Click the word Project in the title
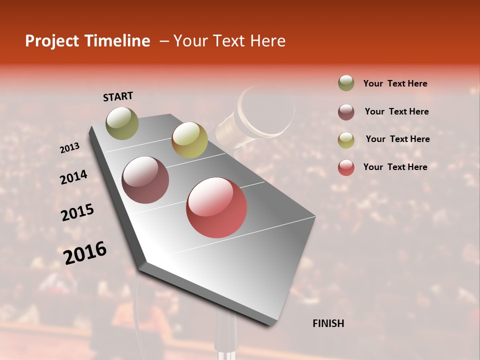pyautogui.click(x=51, y=41)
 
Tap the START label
pyautogui.click(x=118, y=96)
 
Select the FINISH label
pyautogui.click(x=328, y=323)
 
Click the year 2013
pyautogui.click(x=69, y=148)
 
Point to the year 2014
pyautogui.click(x=73, y=177)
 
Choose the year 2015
pyautogui.click(x=77, y=212)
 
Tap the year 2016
pyautogui.click(x=85, y=252)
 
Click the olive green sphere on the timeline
pyautogui.click(x=122, y=123)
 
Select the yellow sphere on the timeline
pyautogui.click(x=189, y=140)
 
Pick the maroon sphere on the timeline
pyautogui.click(x=145, y=180)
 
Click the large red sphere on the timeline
pyautogui.click(x=216, y=207)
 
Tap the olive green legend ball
pyautogui.click(x=346, y=83)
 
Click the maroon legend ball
pyautogui.click(x=346, y=111)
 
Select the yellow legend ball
pyautogui.click(x=346, y=139)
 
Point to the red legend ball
pyautogui.click(x=346, y=167)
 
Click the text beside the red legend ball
pyautogui.click(x=395, y=167)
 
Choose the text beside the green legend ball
pyautogui.click(x=395, y=83)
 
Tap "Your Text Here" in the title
pyautogui.click(x=229, y=41)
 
